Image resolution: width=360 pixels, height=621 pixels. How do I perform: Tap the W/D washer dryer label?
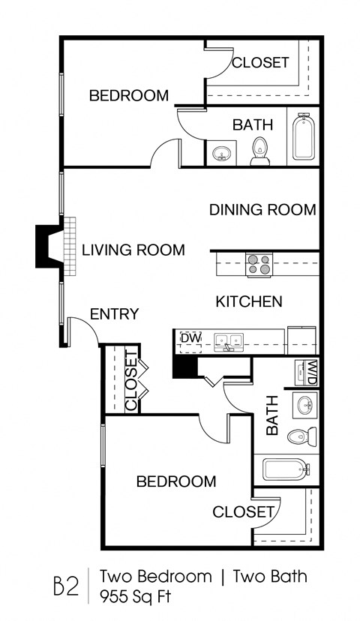(308, 371)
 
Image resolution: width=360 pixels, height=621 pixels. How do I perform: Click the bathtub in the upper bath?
(304, 136)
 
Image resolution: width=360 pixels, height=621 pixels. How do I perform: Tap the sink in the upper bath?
(221, 154)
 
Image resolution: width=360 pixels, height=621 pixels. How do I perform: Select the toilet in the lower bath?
(303, 436)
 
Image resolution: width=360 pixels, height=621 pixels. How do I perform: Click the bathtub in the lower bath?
(286, 470)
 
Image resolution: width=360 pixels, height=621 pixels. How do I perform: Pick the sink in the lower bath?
(305, 405)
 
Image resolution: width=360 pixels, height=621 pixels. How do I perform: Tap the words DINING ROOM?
(262, 210)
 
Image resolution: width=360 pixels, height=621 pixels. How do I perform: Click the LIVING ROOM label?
(133, 250)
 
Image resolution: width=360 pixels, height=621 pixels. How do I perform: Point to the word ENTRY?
(114, 313)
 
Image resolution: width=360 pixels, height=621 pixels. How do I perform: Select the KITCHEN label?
(249, 301)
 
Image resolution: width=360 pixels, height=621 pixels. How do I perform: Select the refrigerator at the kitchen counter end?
(301, 340)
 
